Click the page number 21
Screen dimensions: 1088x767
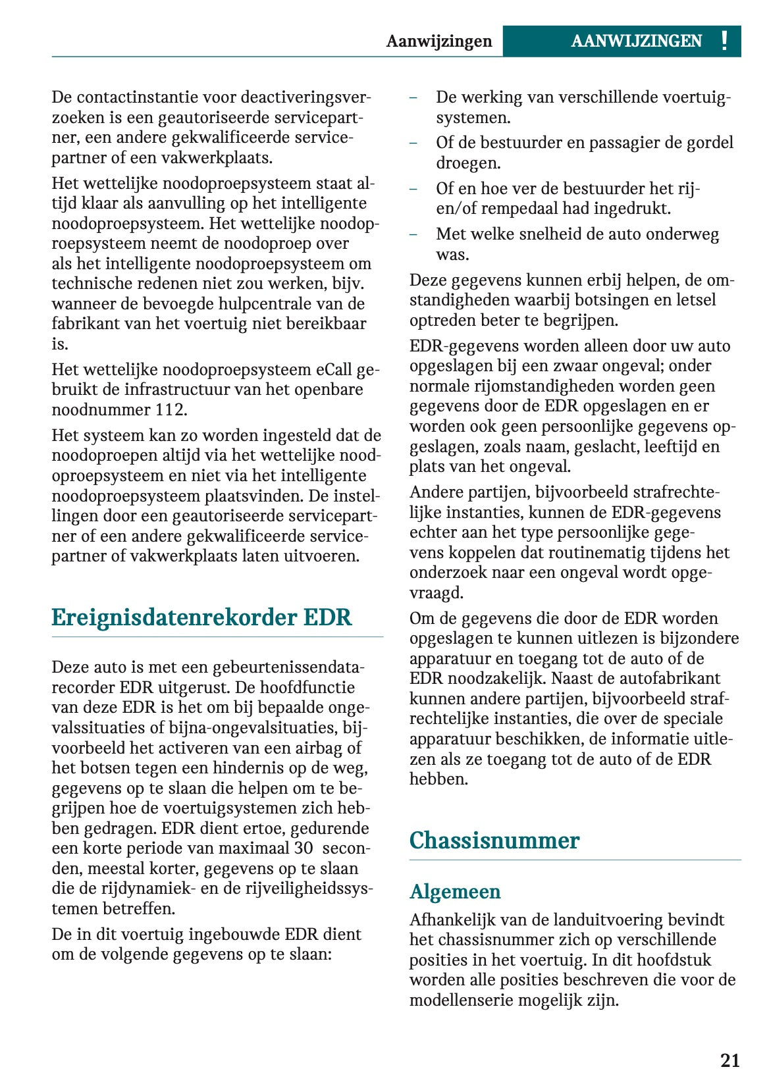pos(729,1060)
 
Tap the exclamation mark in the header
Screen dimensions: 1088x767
pos(724,41)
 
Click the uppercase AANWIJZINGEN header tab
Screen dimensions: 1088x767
pos(636,41)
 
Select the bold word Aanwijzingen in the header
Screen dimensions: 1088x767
pos(439,41)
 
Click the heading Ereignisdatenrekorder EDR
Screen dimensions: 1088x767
pos(201,617)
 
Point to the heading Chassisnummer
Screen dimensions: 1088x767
pos(494,840)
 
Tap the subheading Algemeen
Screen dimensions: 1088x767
pos(455,891)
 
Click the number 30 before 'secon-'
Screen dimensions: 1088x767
pos(304,848)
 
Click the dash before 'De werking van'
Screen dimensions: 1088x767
pos(413,97)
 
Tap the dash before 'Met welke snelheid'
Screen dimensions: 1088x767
pos(413,234)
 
